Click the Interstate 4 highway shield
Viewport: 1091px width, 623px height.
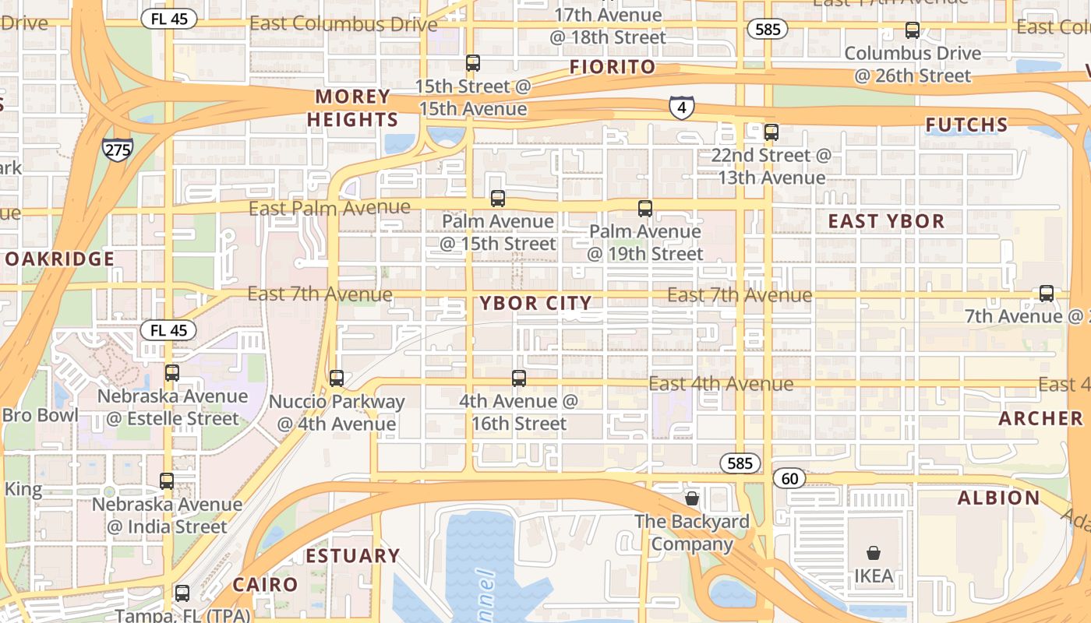681,107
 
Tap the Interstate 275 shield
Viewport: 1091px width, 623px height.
117,149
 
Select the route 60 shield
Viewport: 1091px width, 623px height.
789,477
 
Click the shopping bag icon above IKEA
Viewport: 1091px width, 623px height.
874,553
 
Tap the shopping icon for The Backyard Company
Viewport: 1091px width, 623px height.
691,498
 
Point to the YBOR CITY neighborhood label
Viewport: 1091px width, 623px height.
535,303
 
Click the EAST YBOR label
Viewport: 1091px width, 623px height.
886,221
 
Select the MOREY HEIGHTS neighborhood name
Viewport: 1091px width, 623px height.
352,108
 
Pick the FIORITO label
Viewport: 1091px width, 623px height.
613,67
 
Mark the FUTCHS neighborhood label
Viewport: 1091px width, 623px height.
966,125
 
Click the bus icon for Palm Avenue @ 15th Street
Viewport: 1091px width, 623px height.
498,199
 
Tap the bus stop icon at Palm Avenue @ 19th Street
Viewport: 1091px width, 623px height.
644,209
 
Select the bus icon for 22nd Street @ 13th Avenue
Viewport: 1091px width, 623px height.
771,132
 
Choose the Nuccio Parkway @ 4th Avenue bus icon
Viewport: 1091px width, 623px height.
337,378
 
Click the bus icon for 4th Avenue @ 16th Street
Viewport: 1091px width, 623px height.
519,378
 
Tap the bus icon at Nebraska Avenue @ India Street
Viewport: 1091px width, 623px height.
167,481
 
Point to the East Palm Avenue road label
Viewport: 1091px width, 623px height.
329,208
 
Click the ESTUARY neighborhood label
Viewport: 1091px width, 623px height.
352,555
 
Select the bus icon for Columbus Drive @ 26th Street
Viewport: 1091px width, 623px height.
912,31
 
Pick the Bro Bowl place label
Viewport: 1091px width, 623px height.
40,415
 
